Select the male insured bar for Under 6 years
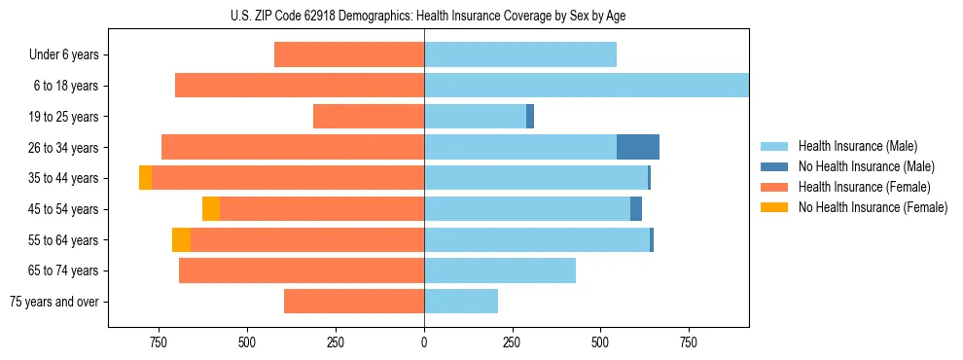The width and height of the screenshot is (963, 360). tap(520, 54)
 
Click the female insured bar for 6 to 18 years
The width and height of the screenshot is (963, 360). tap(300, 86)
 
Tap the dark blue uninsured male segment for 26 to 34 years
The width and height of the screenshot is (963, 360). tap(638, 147)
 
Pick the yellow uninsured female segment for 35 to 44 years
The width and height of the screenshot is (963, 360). tap(145, 178)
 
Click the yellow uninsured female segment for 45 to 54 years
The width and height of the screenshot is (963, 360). tap(211, 209)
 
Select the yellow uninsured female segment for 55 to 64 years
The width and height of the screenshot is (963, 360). tap(181, 239)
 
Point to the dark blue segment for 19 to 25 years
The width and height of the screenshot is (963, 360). tap(530, 117)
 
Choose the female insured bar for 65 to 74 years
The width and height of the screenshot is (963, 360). tap(302, 270)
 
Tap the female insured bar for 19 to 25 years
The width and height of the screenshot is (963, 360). tap(369, 117)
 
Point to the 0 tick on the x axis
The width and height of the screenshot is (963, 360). tap(424, 342)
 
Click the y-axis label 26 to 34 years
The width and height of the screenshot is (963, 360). tap(63, 148)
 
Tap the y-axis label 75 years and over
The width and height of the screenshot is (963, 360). tap(53, 302)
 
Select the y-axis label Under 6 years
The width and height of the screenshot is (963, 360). tap(63, 55)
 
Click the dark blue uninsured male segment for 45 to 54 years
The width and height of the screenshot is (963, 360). tap(636, 209)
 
